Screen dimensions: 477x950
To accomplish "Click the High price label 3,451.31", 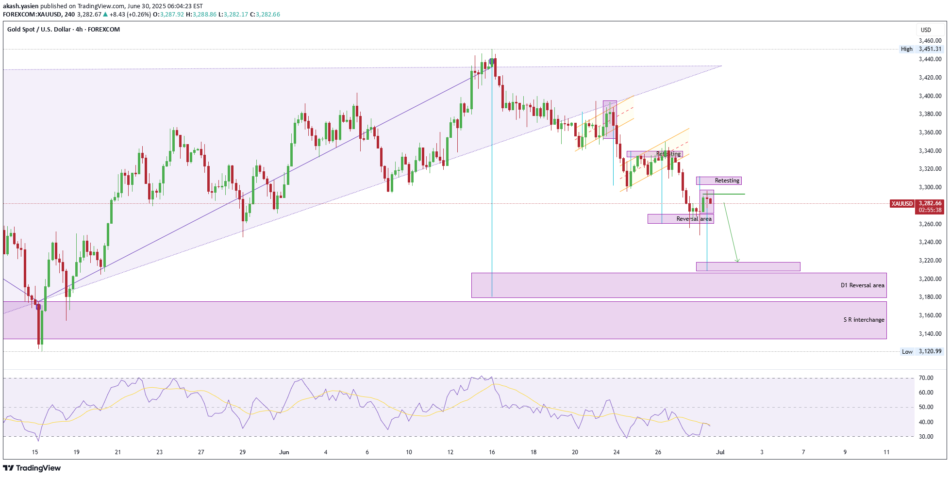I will point(930,49).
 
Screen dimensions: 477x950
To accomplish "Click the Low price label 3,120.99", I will point(930,351).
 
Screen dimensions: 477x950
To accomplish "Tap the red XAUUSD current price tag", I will point(902,204).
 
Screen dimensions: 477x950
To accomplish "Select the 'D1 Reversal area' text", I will point(862,285).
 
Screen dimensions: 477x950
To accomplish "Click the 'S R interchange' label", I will point(864,320).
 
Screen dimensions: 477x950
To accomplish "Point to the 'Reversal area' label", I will point(694,219).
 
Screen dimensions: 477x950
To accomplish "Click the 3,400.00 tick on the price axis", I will point(930,96).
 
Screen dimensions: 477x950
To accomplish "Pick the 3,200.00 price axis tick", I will point(930,279).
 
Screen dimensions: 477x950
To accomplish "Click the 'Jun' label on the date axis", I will point(284,452).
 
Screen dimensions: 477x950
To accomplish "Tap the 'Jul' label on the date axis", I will point(720,452).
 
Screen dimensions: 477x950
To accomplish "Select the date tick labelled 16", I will point(492,452).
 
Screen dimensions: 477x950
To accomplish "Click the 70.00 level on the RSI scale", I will point(926,378).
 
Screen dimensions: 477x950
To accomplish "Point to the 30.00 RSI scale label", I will point(926,437).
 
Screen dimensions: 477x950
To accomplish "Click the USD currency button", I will point(926,30).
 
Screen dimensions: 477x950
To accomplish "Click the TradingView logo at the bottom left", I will point(32,468).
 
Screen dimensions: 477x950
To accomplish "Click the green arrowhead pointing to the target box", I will point(737,261).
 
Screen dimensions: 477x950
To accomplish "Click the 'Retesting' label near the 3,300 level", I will point(727,181).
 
